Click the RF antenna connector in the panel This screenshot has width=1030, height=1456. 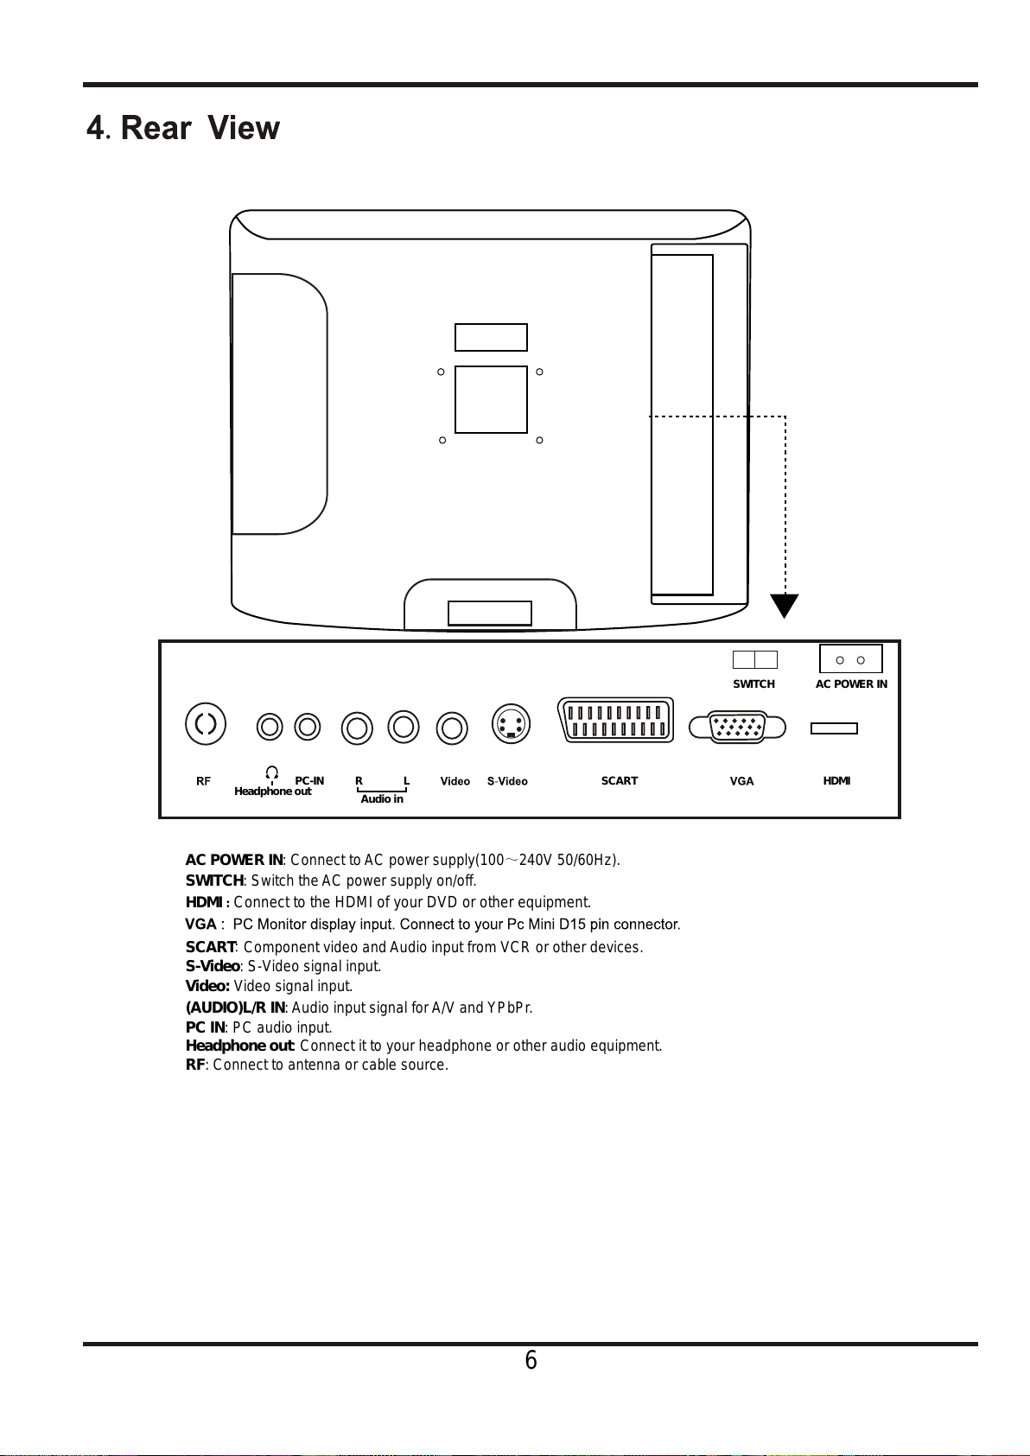click(206, 724)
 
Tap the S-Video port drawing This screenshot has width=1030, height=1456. click(511, 724)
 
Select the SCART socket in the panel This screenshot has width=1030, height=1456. click(616, 720)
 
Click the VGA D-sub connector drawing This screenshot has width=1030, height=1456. click(738, 727)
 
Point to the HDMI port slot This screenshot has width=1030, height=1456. click(834, 728)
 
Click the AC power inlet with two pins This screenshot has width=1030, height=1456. click(850, 659)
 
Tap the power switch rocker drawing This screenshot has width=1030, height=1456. click(754, 660)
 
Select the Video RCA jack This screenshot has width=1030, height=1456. click(452, 728)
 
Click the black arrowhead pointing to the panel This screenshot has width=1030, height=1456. click(785, 606)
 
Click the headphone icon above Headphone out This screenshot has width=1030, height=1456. click(272, 772)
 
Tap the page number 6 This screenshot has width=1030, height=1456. click(531, 1361)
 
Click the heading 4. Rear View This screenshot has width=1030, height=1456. click(183, 128)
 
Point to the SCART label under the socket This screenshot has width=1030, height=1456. click(619, 781)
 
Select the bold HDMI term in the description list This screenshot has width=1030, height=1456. click(206, 902)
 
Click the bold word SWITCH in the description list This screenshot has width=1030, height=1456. click(214, 881)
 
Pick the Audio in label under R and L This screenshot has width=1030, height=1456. click(382, 799)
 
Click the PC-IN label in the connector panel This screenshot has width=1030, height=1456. click(309, 781)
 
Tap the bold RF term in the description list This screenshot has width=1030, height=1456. click(195, 1065)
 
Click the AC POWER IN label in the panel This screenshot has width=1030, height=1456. click(851, 684)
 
